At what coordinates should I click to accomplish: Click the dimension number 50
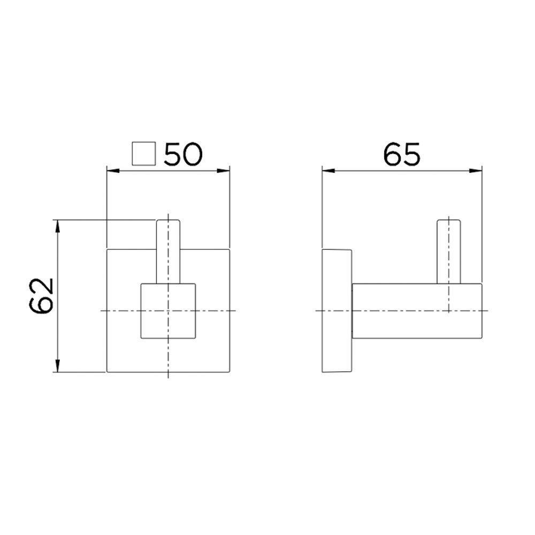point(184,154)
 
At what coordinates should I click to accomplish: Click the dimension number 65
point(402,154)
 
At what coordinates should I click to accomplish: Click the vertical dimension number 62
point(42,295)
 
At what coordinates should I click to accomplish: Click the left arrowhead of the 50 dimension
point(112,171)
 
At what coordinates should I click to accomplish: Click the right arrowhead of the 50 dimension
point(225,171)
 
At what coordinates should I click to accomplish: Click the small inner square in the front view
point(168,310)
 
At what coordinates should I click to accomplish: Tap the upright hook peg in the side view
point(448,250)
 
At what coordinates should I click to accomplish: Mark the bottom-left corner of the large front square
point(108,372)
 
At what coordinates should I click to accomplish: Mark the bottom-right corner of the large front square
point(230,372)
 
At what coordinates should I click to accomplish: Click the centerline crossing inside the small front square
point(168,310)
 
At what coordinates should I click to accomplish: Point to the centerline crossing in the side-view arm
point(448,310)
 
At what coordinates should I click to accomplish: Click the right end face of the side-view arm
point(482,310)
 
